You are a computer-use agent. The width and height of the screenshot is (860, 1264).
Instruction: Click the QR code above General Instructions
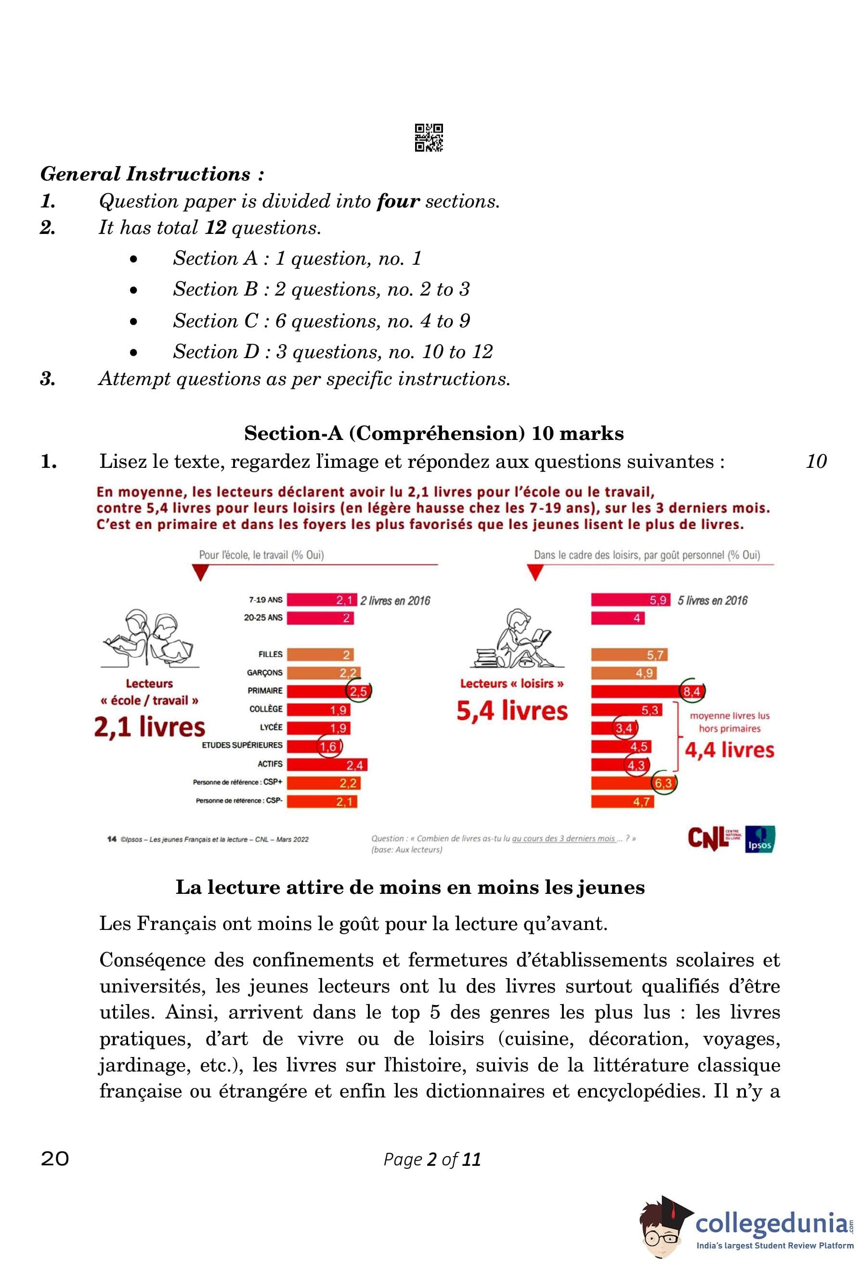tap(428, 138)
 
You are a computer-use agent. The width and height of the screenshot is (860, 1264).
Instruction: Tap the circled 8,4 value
tap(691, 692)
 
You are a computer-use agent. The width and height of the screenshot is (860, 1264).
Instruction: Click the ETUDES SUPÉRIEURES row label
tap(242, 745)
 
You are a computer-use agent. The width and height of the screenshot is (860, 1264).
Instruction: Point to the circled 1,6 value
tap(328, 746)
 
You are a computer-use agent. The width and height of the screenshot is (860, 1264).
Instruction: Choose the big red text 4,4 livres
tap(729, 750)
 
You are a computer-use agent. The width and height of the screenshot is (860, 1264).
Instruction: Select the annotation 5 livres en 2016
tap(712, 600)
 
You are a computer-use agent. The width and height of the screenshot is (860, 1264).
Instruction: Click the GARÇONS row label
tap(264, 673)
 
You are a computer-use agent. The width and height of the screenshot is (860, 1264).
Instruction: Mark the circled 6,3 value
tap(663, 783)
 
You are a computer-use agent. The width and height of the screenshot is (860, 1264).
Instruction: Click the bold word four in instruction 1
tap(398, 201)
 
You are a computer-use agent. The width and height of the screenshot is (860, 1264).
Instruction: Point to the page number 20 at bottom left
tap(55, 1159)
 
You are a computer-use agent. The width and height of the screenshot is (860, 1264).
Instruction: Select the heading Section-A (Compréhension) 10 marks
tap(433, 434)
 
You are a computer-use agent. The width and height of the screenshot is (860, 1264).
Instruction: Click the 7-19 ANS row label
tap(265, 600)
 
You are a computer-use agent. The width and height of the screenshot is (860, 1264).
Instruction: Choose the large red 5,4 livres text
tap(512, 711)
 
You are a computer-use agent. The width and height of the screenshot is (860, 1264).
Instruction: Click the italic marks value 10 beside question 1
tap(815, 461)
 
